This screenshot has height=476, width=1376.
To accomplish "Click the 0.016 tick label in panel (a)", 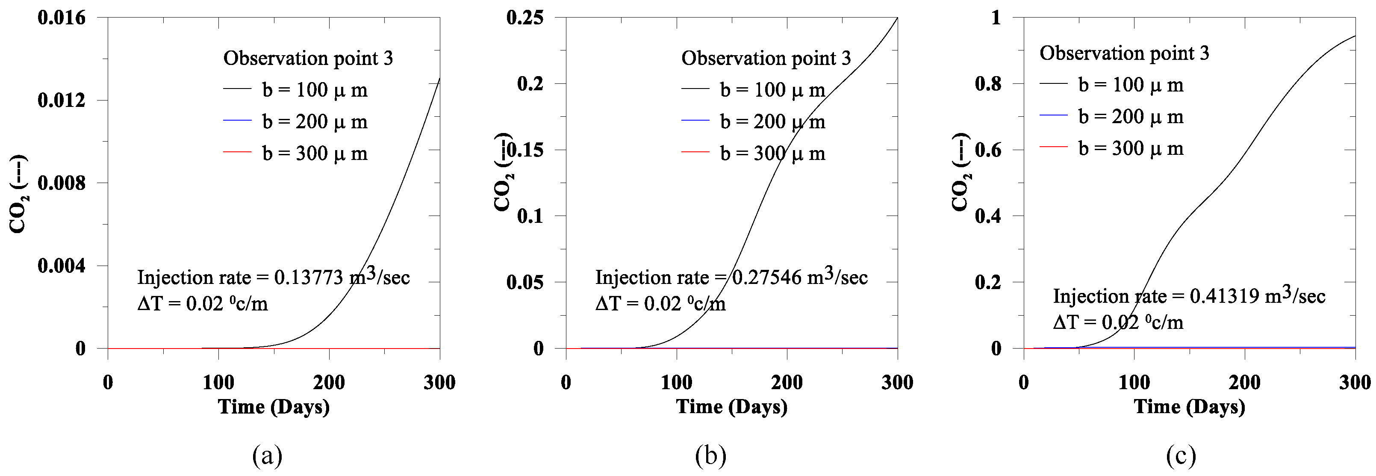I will click(62, 18).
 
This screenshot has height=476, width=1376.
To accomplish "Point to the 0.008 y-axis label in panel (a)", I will click(62, 183).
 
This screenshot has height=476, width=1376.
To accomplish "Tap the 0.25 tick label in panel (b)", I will click(525, 18).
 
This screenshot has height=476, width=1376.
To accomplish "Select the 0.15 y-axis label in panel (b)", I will click(525, 150).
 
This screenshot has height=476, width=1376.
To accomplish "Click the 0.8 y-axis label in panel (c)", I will click(988, 84).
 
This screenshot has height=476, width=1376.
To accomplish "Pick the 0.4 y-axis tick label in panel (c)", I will click(988, 216).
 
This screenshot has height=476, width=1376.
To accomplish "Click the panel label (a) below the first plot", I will click(267, 456).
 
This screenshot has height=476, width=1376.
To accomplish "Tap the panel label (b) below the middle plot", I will click(710, 456).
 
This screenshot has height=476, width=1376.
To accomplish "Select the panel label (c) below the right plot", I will click(1181, 456).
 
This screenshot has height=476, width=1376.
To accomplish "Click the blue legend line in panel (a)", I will click(237, 121).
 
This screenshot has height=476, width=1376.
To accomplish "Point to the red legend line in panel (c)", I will click(1053, 146).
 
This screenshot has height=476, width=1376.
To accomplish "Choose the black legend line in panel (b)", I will click(695, 89).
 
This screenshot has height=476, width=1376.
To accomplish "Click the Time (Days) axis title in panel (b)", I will click(732, 407).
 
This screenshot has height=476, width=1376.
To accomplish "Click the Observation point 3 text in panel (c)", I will click(1124, 53).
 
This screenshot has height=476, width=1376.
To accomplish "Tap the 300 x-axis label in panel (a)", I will click(439, 382).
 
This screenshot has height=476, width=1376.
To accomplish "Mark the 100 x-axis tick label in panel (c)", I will click(1134, 382).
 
